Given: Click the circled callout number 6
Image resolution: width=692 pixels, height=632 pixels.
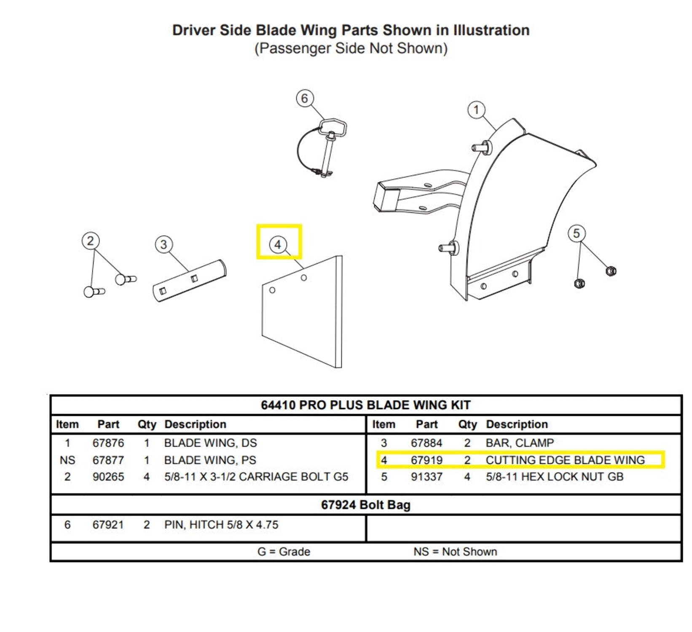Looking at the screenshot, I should (x=305, y=99).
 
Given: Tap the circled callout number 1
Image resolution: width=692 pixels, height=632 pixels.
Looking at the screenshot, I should (x=476, y=110).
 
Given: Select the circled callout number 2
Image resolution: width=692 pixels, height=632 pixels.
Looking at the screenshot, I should (x=90, y=241).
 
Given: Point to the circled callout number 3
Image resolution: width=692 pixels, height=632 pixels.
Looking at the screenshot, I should (x=164, y=244).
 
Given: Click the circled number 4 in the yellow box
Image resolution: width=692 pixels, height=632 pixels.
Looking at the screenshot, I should (x=278, y=244).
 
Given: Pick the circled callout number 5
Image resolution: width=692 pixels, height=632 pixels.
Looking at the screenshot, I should (x=576, y=233).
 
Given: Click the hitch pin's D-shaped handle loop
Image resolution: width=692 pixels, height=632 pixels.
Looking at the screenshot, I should (x=333, y=127).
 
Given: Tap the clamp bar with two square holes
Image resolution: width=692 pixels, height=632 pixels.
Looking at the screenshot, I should (x=189, y=281).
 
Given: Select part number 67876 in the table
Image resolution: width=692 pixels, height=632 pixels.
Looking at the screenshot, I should (x=108, y=443).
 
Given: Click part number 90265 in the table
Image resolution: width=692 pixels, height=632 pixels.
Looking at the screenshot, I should (x=108, y=477).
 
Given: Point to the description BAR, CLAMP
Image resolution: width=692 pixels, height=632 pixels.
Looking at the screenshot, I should (x=520, y=443).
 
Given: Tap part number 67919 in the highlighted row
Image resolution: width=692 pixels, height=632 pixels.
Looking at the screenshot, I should (x=426, y=460).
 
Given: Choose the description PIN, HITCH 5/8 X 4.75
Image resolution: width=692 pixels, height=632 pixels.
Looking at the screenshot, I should (x=221, y=525).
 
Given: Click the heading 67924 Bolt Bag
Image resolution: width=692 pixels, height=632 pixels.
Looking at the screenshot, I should (x=365, y=505).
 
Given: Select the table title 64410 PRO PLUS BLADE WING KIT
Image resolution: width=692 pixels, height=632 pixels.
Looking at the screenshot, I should (x=365, y=405).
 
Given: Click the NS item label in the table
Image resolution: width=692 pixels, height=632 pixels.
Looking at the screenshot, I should (x=67, y=460).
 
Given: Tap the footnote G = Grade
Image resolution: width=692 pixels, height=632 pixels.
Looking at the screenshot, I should (x=284, y=552).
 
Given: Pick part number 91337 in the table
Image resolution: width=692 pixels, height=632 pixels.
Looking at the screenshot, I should (x=426, y=477).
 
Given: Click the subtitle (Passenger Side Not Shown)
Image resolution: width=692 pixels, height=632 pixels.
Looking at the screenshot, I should (x=351, y=48).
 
